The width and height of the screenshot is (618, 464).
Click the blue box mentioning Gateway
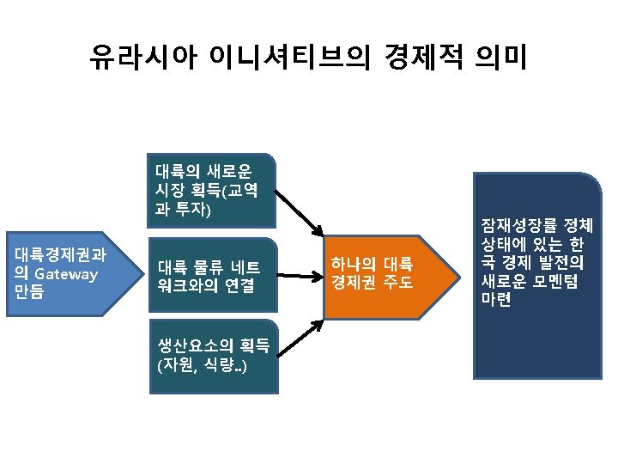69,274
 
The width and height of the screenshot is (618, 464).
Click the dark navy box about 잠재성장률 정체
536,275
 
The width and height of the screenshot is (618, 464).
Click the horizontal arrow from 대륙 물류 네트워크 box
300,276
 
